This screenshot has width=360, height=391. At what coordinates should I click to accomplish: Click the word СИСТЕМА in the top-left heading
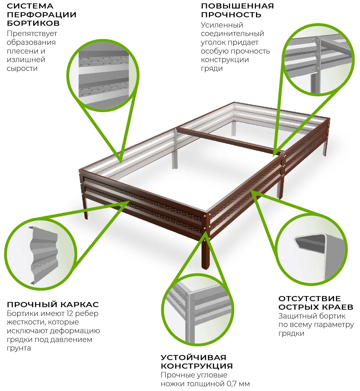pyautogui.click(x=30, y=6)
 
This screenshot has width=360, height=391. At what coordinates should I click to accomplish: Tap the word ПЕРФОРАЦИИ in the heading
pyautogui.click(x=42, y=15)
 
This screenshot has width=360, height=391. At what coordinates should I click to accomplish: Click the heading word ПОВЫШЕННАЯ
pyautogui.click(x=238, y=6)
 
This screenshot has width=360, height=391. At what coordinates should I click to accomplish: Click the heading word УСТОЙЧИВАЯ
pyautogui.click(x=194, y=357)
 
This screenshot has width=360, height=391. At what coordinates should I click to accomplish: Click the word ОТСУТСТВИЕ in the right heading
pyautogui.click(x=310, y=299)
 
